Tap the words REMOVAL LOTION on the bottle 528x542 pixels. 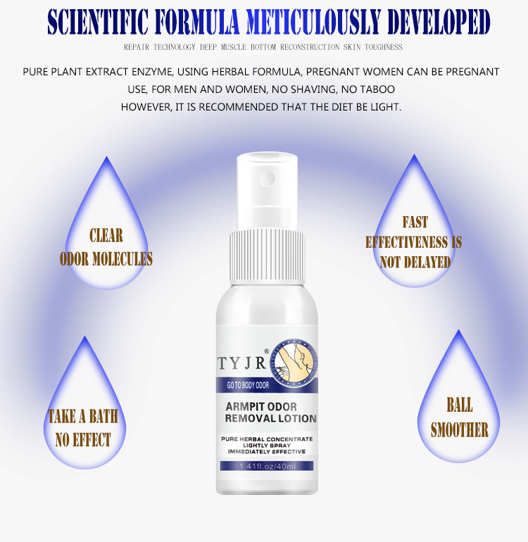pos(271,418)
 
